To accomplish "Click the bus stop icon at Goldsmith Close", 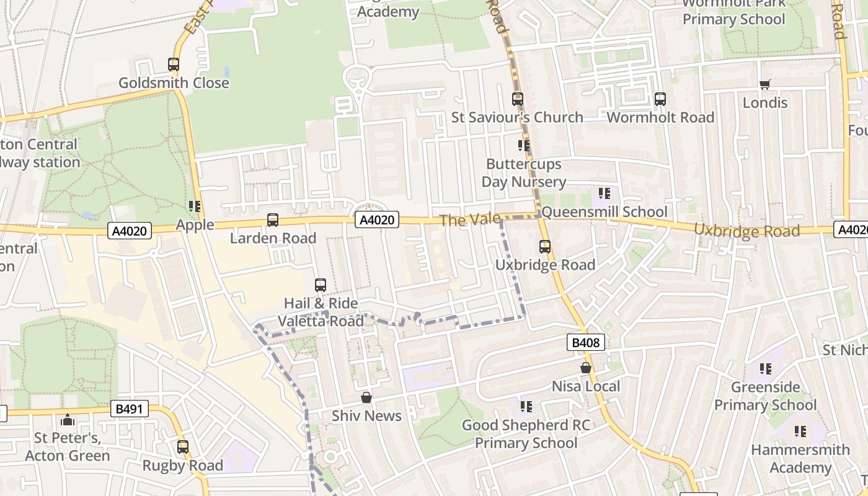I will click(174, 64).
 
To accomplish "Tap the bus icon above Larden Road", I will click(272, 219).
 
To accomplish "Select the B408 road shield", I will click(585, 342).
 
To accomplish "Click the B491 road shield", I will click(130, 409).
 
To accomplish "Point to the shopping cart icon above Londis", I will click(764, 84).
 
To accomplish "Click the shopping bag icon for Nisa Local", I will click(585, 368).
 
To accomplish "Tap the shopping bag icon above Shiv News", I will click(366, 397).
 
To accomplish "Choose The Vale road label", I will click(460, 219).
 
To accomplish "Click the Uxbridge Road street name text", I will click(746, 230).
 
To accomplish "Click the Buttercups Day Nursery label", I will click(524, 173).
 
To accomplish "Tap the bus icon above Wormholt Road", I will click(660, 99).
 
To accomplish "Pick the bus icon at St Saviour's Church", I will click(517, 99).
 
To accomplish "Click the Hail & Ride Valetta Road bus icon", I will click(321, 285).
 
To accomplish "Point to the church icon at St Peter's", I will click(68, 420).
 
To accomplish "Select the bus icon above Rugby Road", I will click(182, 446).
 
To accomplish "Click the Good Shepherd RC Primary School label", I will click(526, 434).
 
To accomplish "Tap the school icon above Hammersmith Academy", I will click(800, 431).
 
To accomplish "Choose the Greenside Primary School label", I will click(765, 396).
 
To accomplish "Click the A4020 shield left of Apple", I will click(130, 231).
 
